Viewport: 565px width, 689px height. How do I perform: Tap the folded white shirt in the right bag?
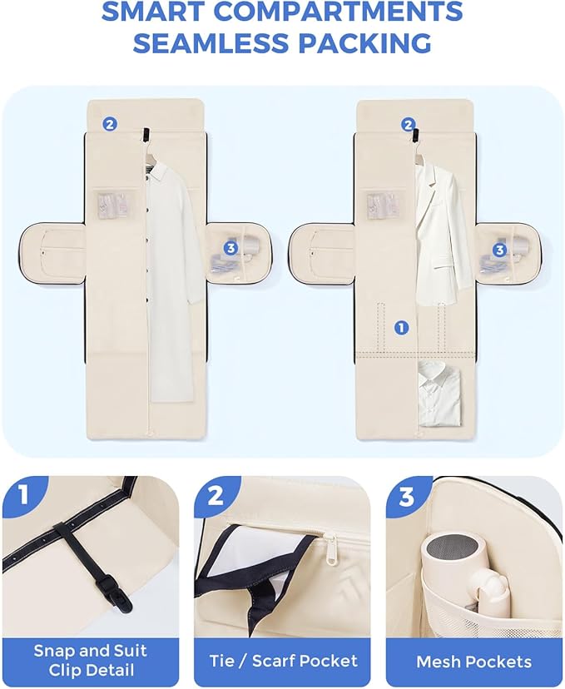click(x=439, y=394)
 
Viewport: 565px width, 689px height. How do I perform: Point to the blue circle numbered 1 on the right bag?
click(x=401, y=327)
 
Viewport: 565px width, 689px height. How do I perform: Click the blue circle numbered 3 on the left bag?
click(x=230, y=248)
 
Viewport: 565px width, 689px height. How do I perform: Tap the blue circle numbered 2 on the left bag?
click(x=110, y=124)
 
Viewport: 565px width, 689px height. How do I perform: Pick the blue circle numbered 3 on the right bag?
click(x=499, y=250)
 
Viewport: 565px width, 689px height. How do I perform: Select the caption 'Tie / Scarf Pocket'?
click(x=283, y=661)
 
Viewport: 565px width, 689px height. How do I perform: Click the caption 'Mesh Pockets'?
click(x=473, y=662)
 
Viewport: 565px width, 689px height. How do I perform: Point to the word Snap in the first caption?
click(x=54, y=652)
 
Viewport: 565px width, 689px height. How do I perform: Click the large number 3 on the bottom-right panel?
click(x=407, y=496)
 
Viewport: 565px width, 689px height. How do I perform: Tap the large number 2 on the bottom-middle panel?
click(x=216, y=496)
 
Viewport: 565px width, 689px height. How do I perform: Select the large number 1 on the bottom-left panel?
click(x=22, y=494)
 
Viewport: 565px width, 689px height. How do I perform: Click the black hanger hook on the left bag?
click(x=146, y=135)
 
